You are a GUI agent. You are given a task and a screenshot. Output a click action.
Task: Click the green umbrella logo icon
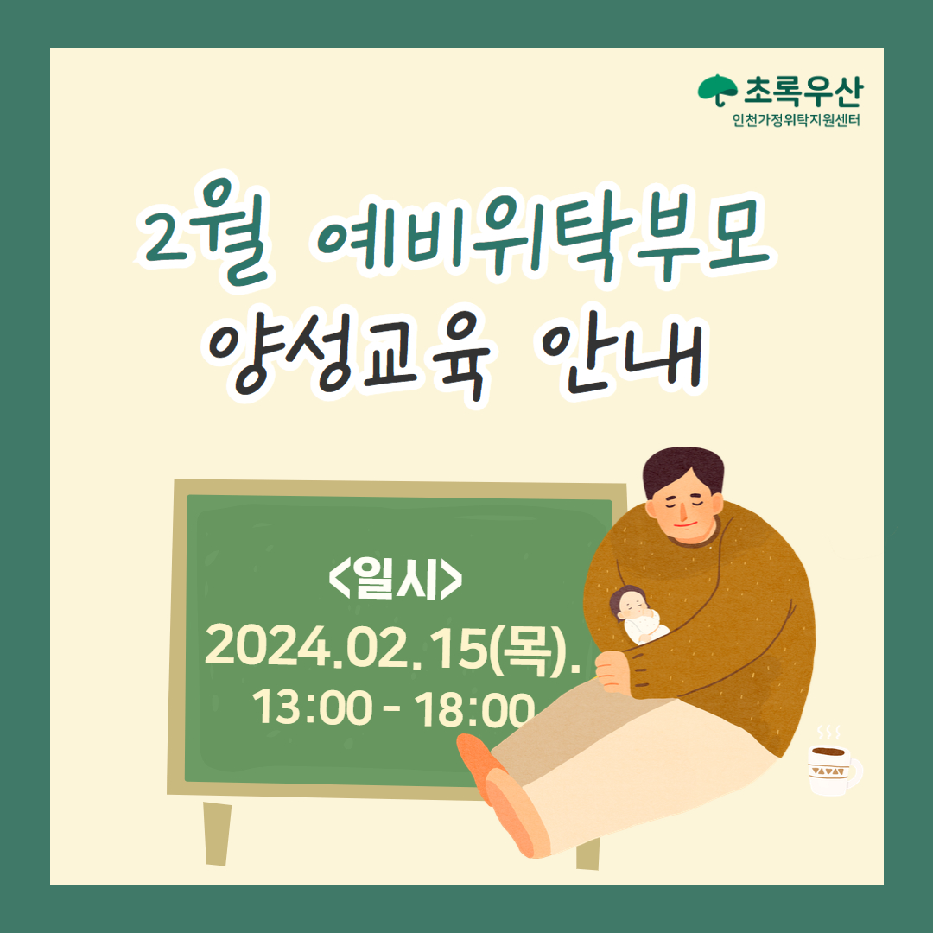coord(717,90)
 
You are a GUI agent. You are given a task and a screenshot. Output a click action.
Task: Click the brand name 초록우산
coord(802,91)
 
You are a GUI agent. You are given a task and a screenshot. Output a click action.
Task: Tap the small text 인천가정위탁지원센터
coord(797,120)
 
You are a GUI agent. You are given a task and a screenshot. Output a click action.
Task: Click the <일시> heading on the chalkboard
coord(395,578)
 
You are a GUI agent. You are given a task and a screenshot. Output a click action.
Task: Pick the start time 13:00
coord(313,708)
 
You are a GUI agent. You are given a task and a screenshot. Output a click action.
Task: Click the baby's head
coord(629,603)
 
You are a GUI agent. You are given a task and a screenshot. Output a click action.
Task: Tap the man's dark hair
coord(683,470)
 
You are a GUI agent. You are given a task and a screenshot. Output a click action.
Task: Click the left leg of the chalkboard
coord(217,833)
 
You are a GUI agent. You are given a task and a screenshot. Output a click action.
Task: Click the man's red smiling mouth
coord(687,525)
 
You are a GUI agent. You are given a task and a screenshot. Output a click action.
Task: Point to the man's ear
coord(653,508)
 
